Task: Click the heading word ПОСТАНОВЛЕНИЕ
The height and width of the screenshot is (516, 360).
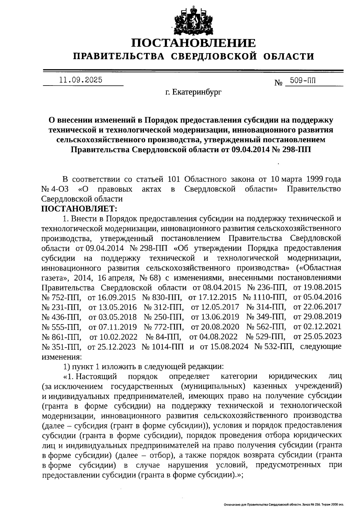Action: pyautogui.click(x=193, y=44)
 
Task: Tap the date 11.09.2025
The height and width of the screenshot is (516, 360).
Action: pyautogui.click(x=81, y=80)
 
